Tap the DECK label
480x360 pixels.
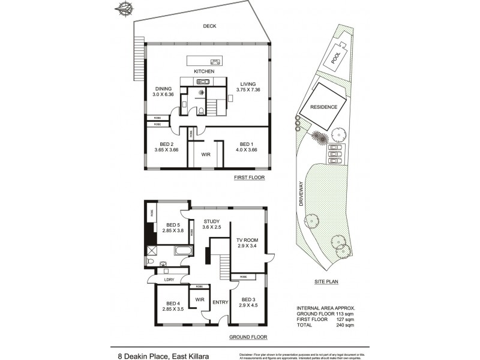209,26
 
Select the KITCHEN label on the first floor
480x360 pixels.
204,71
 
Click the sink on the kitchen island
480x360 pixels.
214,61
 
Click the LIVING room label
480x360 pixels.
248,84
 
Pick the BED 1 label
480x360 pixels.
246,144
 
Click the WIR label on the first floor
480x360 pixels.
205,154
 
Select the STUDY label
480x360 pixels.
211,221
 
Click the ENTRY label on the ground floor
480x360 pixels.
220,302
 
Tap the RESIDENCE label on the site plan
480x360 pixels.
323,107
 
